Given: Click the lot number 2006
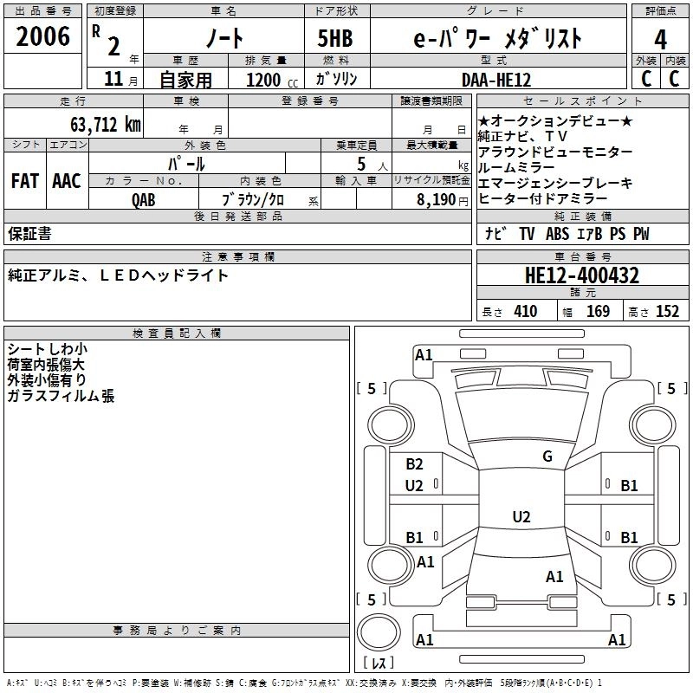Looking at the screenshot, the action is click(x=42, y=36).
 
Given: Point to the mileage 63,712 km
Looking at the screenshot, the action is click(x=96, y=125).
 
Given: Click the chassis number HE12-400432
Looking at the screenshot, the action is click(x=581, y=275).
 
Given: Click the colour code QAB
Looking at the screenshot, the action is click(x=144, y=199).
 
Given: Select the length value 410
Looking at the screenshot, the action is click(x=525, y=311).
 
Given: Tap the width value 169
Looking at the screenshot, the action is click(x=598, y=311).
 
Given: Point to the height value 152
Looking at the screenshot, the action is click(x=667, y=311).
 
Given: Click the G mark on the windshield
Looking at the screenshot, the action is click(x=547, y=457).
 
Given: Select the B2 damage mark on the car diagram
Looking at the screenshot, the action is click(x=414, y=464).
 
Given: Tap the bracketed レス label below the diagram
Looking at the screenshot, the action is click(x=379, y=663).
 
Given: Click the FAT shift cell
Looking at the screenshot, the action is click(x=24, y=181).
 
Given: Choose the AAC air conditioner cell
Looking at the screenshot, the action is click(x=67, y=181).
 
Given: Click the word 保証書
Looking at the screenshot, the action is click(x=29, y=234).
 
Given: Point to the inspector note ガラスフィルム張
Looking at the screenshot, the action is click(x=61, y=397).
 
